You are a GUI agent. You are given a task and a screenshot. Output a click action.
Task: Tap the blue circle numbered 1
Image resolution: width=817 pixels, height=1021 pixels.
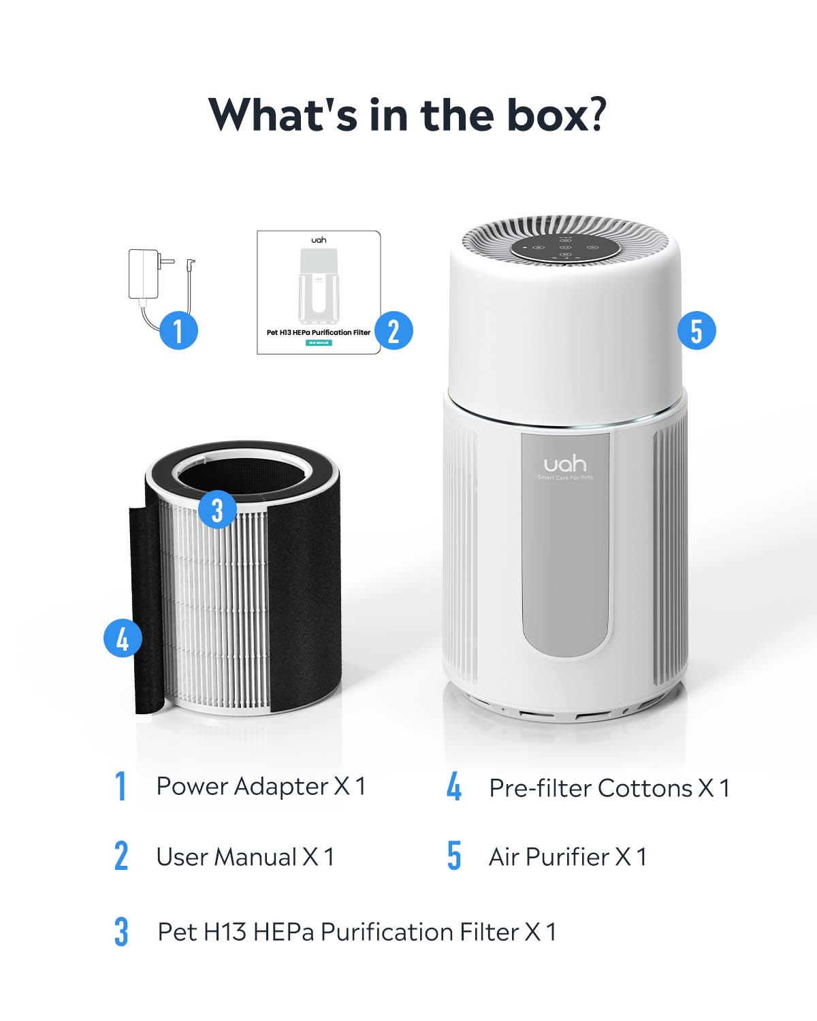(178, 331)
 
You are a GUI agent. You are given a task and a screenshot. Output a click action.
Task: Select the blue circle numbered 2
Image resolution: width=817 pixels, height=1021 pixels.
(394, 331)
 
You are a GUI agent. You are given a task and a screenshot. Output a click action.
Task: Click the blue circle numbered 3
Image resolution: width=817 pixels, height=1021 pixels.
(217, 510)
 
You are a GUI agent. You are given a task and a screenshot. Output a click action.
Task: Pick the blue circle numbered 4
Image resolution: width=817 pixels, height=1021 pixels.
(123, 639)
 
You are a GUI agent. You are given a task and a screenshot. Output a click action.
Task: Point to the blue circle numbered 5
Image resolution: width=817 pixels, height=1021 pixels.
(696, 331)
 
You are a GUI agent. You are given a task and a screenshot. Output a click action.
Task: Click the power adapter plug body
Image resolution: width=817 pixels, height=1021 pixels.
(144, 274)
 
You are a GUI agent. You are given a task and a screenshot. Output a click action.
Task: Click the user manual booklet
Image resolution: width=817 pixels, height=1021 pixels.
(318, 293)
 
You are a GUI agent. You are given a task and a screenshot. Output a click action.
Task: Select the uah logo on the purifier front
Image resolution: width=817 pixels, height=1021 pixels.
(564, 464)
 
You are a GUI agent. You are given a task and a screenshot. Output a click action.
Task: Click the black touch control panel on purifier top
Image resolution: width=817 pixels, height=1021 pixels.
(565, 248)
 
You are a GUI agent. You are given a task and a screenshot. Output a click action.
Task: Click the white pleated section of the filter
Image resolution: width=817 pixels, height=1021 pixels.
(218, 613)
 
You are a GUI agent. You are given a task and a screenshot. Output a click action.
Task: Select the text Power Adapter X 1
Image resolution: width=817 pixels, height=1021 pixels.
(261, 786)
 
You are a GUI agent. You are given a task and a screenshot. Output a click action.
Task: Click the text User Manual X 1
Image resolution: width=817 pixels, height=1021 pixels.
(245, 856)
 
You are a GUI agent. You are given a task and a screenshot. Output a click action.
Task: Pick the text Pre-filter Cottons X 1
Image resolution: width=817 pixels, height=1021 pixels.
(609, 788)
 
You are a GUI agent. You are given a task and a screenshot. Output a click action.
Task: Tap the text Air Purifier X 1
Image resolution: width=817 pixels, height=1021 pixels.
(567, 856)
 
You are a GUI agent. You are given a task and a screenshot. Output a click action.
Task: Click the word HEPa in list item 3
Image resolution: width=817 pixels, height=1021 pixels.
(283, 931)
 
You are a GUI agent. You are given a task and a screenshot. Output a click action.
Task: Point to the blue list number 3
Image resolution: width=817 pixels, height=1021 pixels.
(121, 931)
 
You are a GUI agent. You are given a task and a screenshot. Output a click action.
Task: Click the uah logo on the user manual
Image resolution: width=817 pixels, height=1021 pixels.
(319, 240)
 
